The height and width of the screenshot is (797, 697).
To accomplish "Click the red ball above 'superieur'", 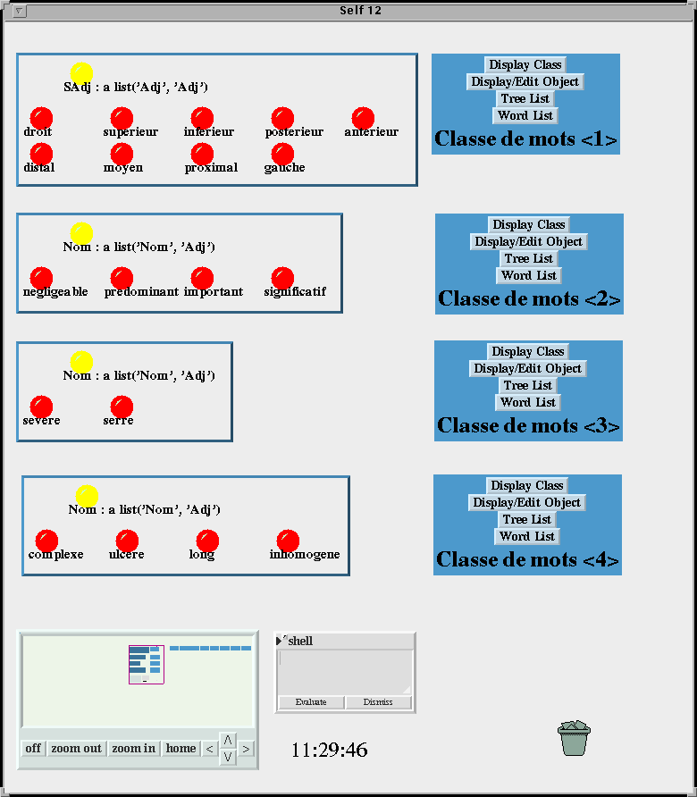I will click(x=122, y=119).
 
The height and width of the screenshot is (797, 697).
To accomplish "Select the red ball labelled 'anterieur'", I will click(x=363, y=119).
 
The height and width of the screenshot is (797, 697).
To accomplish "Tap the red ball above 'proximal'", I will click(x=202, y=155).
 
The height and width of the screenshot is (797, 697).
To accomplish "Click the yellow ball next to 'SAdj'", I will click(x=81, y=73).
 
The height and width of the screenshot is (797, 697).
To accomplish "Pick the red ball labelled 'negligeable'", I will click(x=41, y=279).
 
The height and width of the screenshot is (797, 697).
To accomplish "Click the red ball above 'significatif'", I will click(x=282, y=279).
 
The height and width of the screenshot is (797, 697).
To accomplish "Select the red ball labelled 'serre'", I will click(x=122, y=407).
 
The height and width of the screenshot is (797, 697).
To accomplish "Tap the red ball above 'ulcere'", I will click(x=127, y=541).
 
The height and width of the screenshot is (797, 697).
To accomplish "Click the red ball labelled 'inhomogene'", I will click(x=288, y=541).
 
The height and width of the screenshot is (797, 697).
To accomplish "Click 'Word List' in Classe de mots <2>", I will click(x=529, y=275).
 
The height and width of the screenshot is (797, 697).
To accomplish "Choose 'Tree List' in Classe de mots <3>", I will click(x=527, y=385).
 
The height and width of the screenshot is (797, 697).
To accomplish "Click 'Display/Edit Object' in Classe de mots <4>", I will click(x=526, y=502).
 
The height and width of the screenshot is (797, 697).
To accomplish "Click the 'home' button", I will click(x=181, y=749).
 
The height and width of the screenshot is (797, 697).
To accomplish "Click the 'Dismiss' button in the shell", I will click(x=378, y=702).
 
